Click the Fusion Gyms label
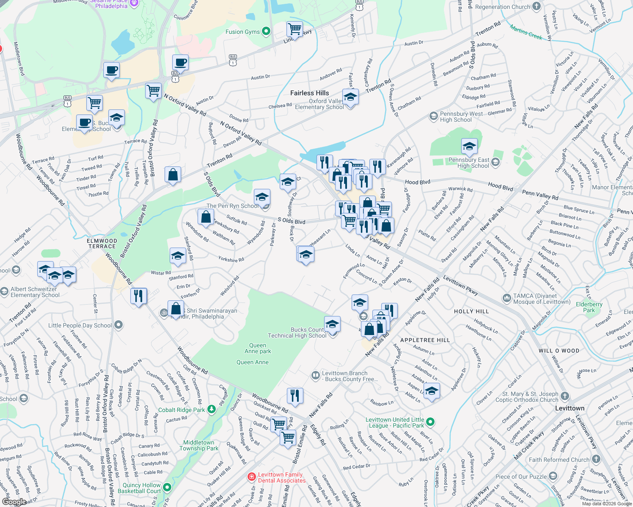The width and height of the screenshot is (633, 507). [x=242, y=32]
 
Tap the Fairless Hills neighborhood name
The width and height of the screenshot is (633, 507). [x=309, y=93]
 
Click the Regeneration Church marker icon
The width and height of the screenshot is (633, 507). [x=537, y=6]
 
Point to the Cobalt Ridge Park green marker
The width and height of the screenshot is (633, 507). [x=212, y=409]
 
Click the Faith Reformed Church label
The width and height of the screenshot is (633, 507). [x=559, y=460]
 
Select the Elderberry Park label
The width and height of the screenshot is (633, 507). [x=589, y=307]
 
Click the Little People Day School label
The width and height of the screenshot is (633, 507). [x=80, y=325]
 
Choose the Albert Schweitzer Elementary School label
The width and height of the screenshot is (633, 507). [x=35, y=292]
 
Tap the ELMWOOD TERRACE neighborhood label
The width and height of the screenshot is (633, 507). [x=102, y=243]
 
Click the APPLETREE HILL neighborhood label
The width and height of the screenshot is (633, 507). [x=425, y=340]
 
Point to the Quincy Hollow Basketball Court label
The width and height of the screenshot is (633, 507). [x=140, y=488]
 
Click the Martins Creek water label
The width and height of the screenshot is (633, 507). [x=526, y=32]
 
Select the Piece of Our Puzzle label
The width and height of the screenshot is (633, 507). [x=521, y=477]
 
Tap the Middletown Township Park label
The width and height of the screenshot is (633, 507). [x=199, y=445]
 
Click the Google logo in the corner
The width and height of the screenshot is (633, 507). [x=14, y=502]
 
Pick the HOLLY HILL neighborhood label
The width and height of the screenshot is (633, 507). [x=471, y=311]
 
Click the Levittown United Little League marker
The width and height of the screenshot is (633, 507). [x=430, y=422]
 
